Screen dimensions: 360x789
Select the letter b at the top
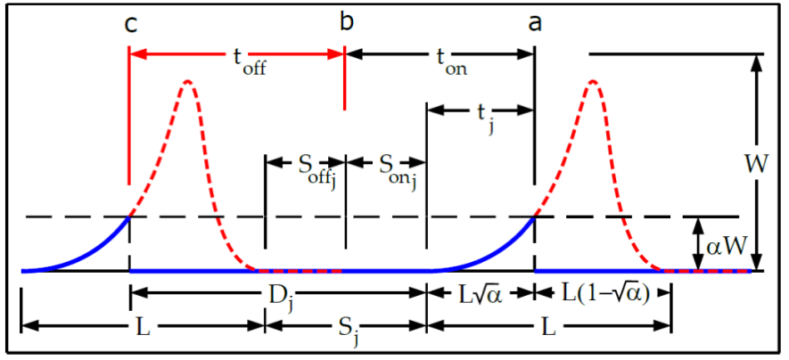point(346,22)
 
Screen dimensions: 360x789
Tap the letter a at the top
point(534,24)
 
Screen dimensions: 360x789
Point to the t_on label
point(450,61)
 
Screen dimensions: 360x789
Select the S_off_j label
point(306,165)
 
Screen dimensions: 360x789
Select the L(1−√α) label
point(603,292)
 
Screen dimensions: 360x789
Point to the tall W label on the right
point(754,163)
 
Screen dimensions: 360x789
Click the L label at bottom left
point(143,327)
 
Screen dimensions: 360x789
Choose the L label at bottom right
point(548,327)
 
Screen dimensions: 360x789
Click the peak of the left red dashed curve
point(187,82)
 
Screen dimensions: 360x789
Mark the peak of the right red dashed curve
point(592,82)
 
